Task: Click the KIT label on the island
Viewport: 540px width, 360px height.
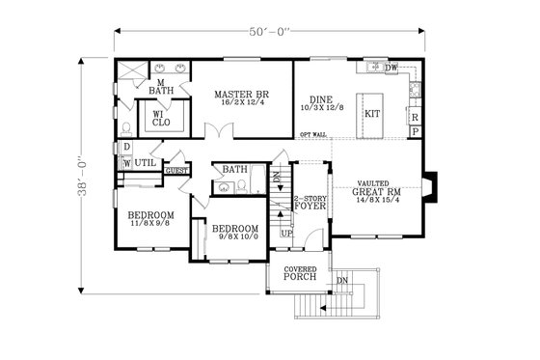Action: click(x=372, y=114)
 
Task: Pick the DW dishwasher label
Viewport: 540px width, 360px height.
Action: click(x=391, y=68)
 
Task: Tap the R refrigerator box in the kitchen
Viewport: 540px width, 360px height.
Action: click(x=414, y=117)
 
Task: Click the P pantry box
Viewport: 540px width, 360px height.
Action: click(x=414, y=131)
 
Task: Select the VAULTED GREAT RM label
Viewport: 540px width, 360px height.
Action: click(x=372, y=187)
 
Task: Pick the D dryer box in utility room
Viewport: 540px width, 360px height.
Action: click(x=125, y=148)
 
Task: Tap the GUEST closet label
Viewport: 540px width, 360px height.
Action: click(x=176, y=171)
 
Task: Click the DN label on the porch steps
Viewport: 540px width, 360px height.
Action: click(x=342, y=281)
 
